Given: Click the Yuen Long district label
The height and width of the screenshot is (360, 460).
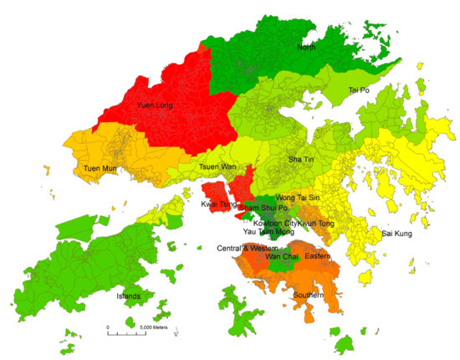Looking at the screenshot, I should point(154,105).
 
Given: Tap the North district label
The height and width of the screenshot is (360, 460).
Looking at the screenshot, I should point(308,48).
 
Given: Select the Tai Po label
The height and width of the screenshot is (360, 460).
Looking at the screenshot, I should point(358,90).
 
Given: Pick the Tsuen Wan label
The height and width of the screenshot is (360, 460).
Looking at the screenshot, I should point(217,167).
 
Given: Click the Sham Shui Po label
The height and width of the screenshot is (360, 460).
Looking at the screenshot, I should point(263,207).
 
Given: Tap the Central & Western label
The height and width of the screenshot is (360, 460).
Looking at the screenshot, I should point(246,248).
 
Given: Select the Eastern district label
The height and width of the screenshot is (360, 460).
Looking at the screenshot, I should point(318,255).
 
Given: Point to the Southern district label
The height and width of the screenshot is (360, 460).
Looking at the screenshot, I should point(309,296).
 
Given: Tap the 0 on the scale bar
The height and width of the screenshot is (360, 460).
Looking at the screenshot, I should point(108,327).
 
